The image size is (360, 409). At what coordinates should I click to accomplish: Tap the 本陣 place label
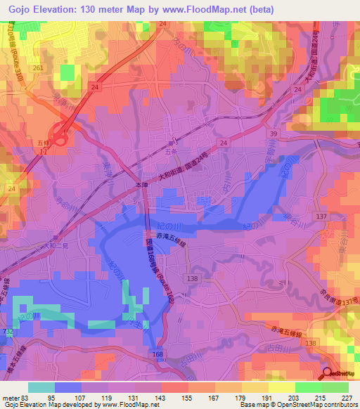[141, 186]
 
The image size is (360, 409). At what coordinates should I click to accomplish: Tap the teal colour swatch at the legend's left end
[41, 387]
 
